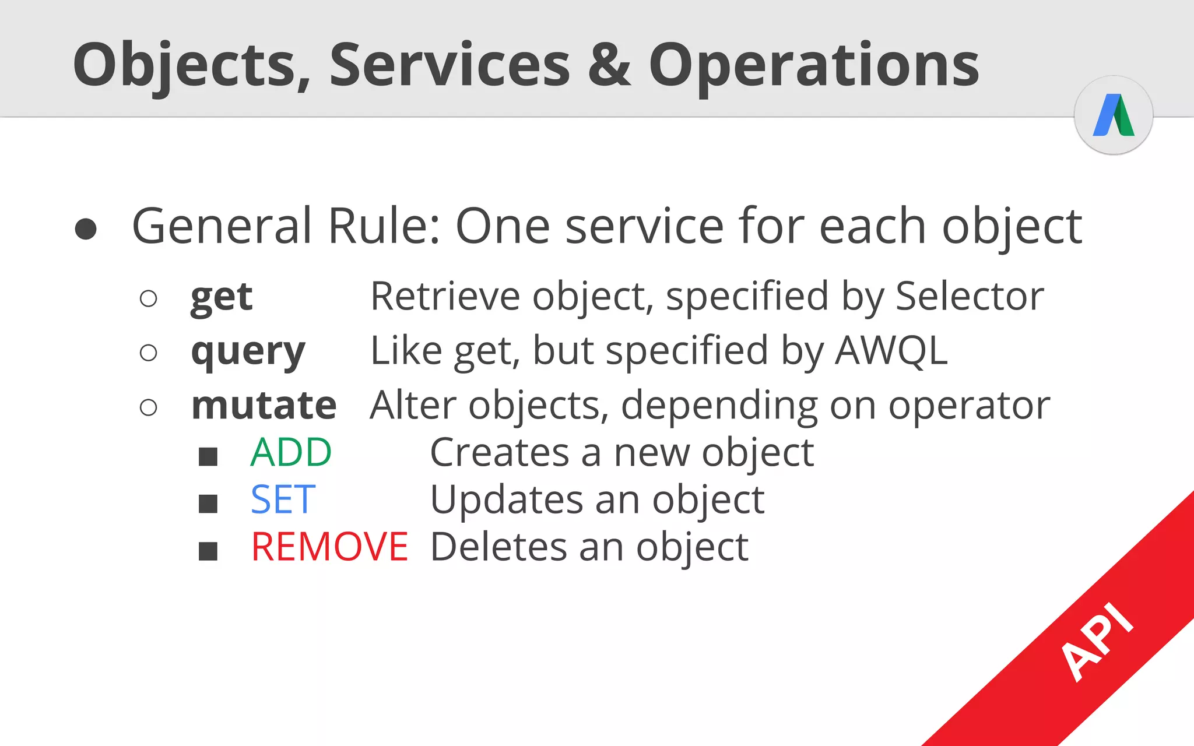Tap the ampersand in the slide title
609,65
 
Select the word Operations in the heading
814,65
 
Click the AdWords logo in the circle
1114,115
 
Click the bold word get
222,297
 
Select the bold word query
248,352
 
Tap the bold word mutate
264,406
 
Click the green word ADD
291,453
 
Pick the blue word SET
283,500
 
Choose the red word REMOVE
329,547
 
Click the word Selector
969,297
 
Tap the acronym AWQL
891,351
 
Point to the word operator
969,406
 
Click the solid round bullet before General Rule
86,228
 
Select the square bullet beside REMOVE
208,551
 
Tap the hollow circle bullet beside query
149,353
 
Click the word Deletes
498,547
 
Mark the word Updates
506,500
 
